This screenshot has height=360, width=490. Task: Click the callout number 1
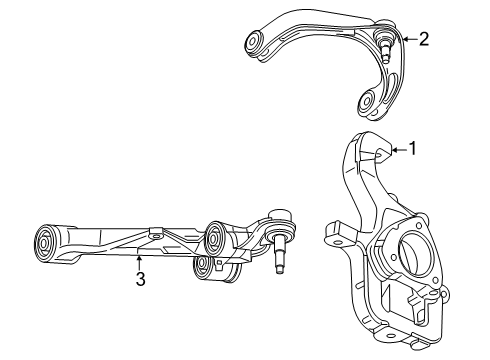(413, 150)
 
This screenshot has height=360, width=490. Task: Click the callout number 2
(424, 40)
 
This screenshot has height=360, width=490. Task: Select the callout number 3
(140, 280)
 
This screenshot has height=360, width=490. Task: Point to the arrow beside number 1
(397, 150)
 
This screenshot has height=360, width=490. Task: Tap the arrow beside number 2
(408, 40)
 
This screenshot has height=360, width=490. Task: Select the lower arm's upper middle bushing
(216, 241)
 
